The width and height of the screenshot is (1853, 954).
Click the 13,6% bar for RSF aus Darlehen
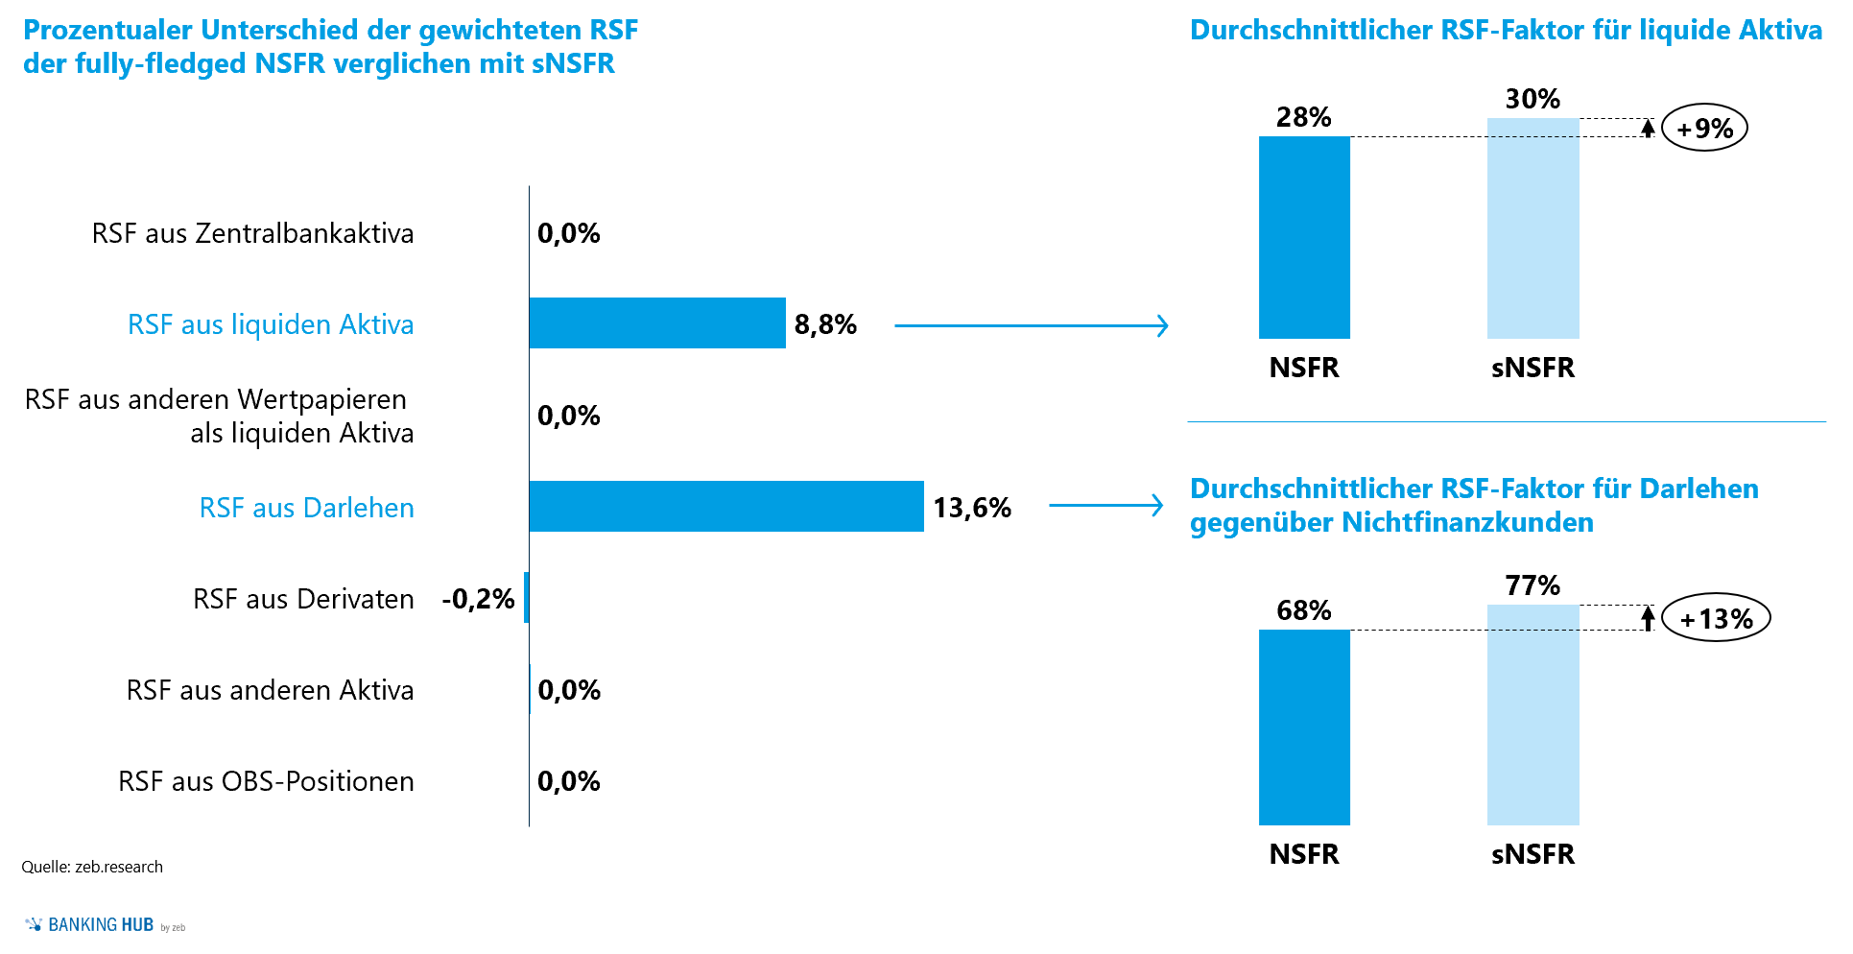click(725, 507)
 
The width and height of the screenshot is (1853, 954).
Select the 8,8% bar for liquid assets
click(657, 323)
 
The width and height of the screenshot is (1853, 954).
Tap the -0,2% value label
click(478, 599)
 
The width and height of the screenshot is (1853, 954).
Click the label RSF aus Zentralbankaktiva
click(252, 233)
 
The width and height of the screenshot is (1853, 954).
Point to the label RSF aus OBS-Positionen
click(266, 781)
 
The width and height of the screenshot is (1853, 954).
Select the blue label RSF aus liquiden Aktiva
click(271, 324)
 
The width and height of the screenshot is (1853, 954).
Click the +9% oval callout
click(1704, 128)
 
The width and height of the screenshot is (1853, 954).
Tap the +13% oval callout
click(1716, 618)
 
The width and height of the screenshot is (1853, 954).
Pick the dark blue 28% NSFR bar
click(1304, 237)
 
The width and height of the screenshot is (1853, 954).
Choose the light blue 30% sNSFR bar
click(1532, 228)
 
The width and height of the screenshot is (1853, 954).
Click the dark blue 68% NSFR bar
click(1304, 727)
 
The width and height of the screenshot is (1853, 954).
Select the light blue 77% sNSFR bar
click(1532, 715)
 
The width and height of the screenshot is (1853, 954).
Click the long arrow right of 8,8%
click(1031, 325)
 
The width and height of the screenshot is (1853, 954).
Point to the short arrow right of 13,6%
click(1105, 505)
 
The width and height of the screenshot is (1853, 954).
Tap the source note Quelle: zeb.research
click(92, 867)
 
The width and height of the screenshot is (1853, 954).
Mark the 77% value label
click(1532, 585)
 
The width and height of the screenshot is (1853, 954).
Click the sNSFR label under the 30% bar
click(1532, 368)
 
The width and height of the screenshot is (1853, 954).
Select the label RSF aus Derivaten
click(303, 599)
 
